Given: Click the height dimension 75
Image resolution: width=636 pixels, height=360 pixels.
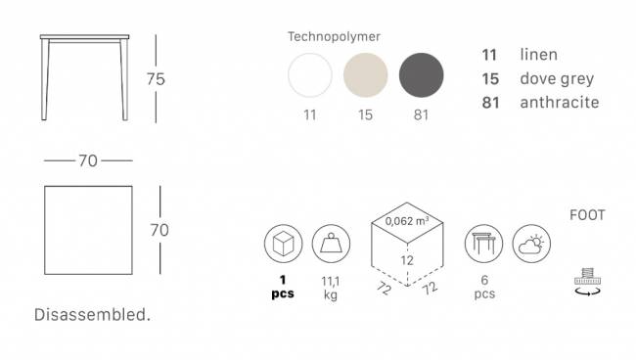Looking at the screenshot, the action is (156, 79).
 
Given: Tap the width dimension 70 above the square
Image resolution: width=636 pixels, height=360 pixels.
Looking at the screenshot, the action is (88, 161).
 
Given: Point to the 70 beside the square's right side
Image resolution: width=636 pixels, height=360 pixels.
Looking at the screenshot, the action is (159, 230).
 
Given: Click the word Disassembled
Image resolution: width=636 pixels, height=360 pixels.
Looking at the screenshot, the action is (92, 315).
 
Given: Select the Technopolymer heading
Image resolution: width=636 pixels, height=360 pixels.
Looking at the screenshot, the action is (334, 36).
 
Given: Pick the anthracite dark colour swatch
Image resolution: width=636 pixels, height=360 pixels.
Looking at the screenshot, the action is (421, 75).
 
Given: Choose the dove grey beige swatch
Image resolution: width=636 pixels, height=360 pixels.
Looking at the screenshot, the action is (366, 75).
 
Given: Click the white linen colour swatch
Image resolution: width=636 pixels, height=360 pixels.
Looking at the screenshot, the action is (310, 75).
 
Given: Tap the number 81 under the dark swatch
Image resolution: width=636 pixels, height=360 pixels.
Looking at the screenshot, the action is (421, 115).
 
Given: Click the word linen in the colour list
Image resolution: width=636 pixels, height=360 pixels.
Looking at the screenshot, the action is (539, 55).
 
